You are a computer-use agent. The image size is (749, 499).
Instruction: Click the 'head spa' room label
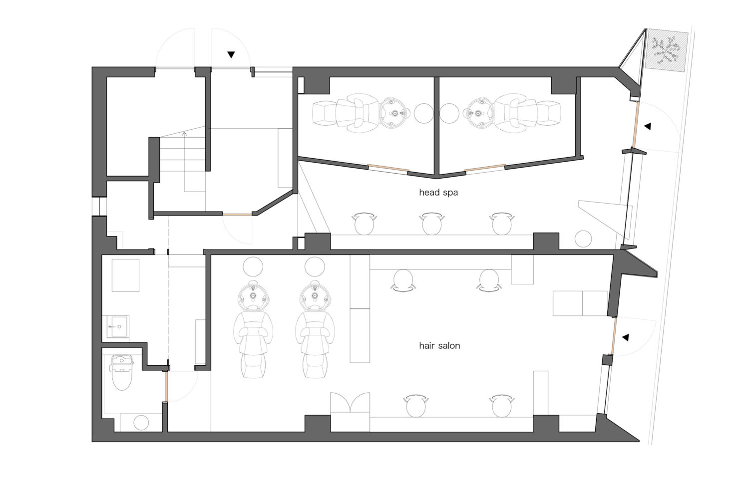[438, 193]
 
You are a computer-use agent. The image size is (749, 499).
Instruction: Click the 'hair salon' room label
[439, 346]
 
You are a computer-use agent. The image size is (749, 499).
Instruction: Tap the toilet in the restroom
[122, 372]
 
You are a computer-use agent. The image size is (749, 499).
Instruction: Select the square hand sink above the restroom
[118, 326]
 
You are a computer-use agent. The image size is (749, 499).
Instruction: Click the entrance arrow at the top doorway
[231, 55]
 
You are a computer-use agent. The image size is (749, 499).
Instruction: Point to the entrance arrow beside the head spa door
[648, 126]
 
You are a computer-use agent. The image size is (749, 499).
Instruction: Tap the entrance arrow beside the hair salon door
[625, 337]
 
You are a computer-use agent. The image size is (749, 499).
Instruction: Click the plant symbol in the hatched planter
[666, 51]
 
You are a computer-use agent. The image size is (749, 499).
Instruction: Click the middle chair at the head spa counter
[432, 223]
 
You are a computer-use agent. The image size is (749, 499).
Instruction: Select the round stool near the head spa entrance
[583, 239]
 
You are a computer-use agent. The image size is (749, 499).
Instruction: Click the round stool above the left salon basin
[253, 266]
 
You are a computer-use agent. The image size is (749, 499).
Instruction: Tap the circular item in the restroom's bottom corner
[141, 423]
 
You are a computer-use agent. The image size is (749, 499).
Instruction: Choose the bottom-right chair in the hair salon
[501, 405]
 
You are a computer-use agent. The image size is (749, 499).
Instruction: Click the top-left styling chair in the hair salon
[403, 280]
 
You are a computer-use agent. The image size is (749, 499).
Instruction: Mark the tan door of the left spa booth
[388, 168]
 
